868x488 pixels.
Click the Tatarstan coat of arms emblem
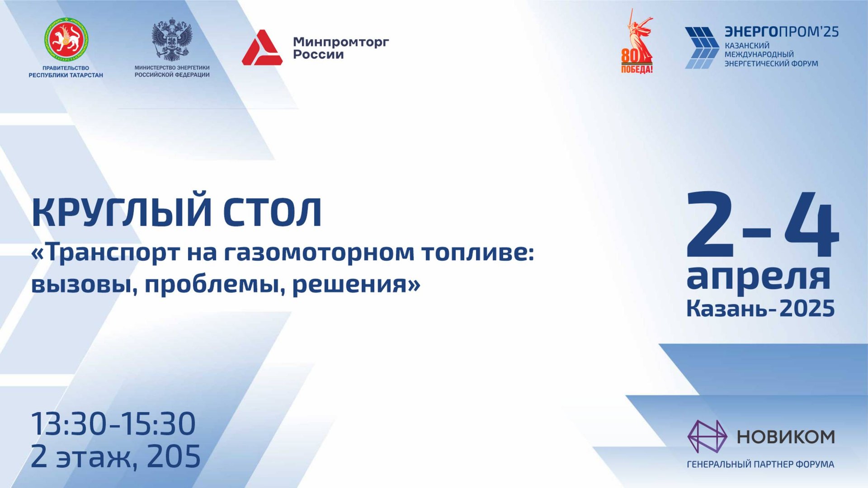(66, 40)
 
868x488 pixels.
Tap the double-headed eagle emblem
(172, 40)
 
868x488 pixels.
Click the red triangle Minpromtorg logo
(262, 47)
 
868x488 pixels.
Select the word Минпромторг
(341, 42)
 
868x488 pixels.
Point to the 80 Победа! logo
(637, 42)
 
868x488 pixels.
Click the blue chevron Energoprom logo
(702, 48)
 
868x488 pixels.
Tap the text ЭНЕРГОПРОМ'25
(782, 32)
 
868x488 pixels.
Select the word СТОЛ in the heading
(272, 212)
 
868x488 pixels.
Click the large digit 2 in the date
(710, 224)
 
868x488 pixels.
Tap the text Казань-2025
(760, 309)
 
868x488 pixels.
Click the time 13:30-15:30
(113, 424)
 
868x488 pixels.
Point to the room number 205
(174, 456)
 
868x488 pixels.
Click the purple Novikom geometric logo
(707, 436)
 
